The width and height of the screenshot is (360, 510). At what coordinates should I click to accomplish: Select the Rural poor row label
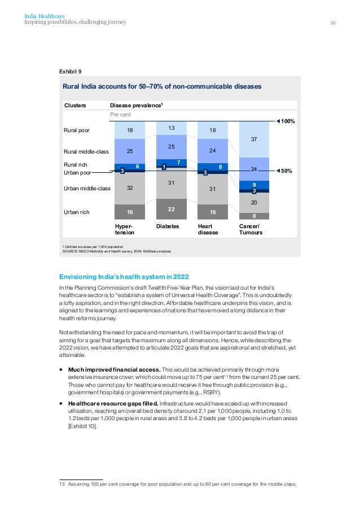[x=77, y=130]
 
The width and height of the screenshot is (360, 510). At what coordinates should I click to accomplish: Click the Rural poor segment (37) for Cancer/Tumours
[x=254, y=139]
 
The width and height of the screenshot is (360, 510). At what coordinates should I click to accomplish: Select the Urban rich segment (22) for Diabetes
[x=171, y=209]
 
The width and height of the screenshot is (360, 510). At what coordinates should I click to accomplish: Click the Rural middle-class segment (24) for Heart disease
[x=213, y=151]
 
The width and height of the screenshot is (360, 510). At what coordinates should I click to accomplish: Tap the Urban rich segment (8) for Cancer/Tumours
[x=254, y=216]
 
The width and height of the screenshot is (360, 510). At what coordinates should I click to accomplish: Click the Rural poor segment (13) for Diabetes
[x=171, y=128]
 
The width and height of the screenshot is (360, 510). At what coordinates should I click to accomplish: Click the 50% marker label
[x=287, y=171]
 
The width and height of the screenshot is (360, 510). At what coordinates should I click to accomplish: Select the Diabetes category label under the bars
[x=168, y=225]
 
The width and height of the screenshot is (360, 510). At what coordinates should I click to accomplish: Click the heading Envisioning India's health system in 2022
[x=124, y=276]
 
